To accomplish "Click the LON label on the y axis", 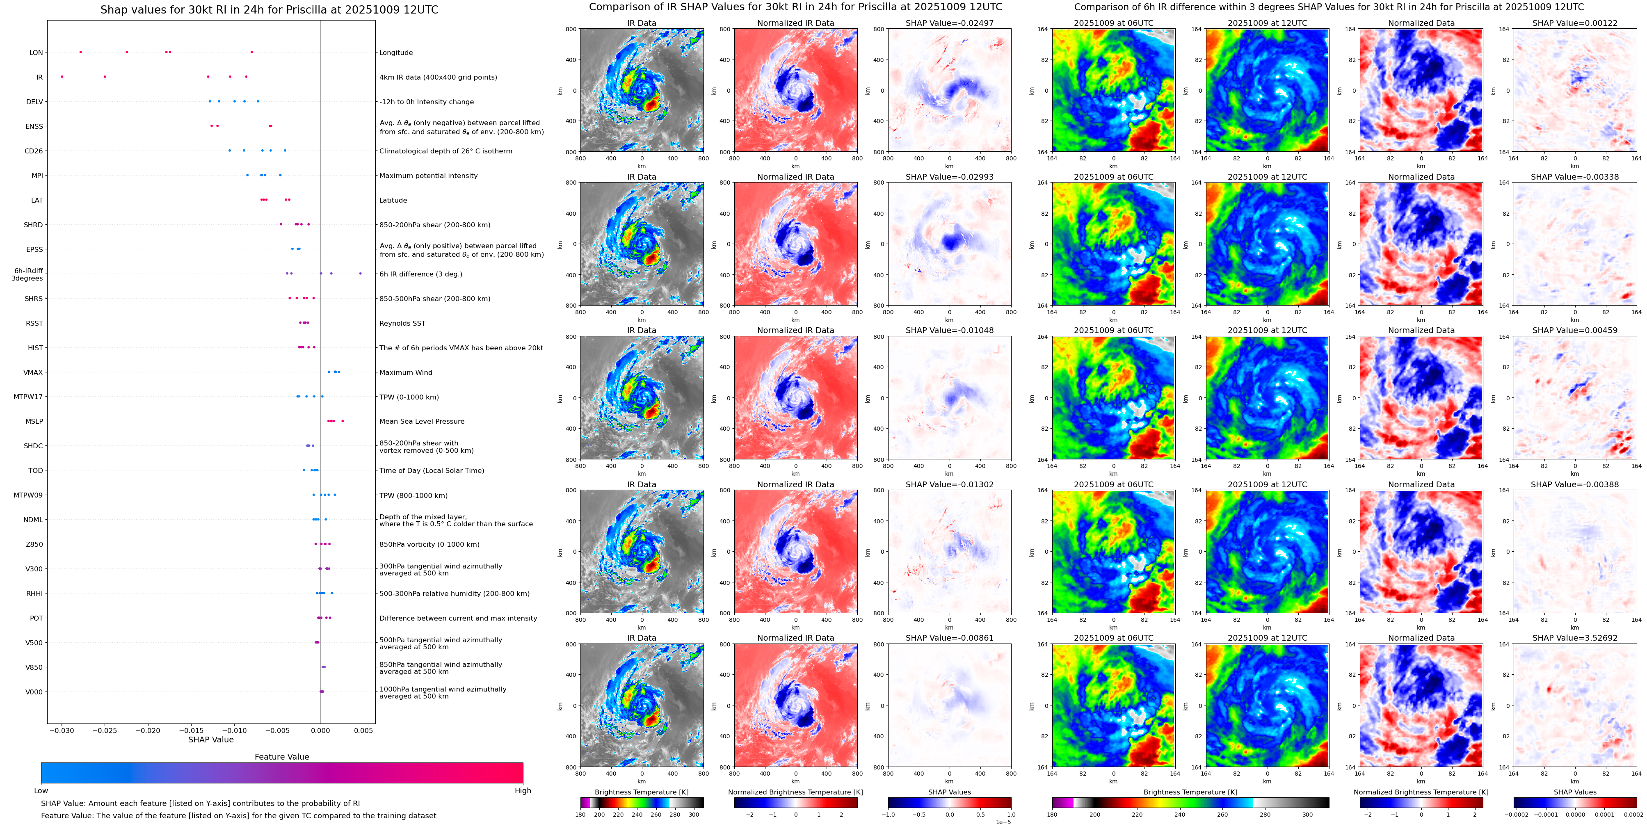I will [x=37, y=53].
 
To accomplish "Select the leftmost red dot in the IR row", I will [x=62, y=77].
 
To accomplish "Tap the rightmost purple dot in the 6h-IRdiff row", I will [x=361, y=274].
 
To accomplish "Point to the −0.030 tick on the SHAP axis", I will [x=62, y=730].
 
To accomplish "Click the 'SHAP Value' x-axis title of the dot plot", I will [x=211, y=740].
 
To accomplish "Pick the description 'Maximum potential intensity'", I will [x=428, y=176].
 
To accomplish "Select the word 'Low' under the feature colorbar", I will [x=41, y=791].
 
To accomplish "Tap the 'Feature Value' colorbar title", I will [x=281, y=757].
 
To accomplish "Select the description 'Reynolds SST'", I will [x=402, y=324].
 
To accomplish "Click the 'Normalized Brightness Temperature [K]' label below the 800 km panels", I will [x=795, y=792].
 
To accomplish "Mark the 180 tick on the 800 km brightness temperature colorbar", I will [x=580, y=815].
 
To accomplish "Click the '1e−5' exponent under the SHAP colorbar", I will [x=1003, y=822].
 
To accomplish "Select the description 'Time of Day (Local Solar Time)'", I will [x=432, y=470].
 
